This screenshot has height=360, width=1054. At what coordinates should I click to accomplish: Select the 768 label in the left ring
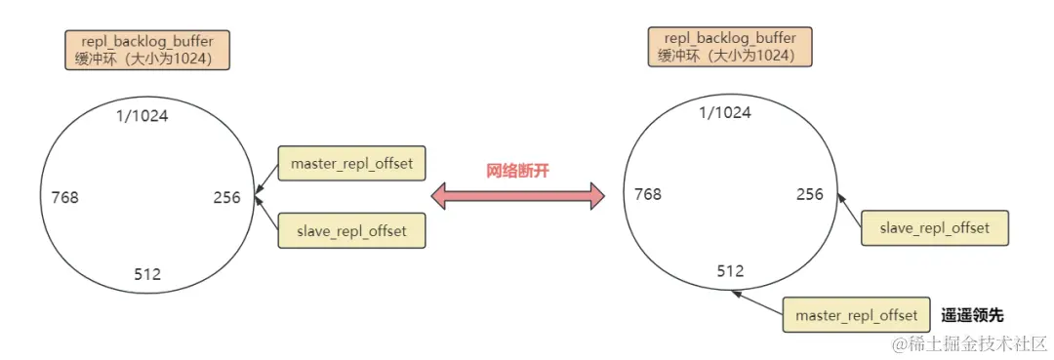tap(65, 198)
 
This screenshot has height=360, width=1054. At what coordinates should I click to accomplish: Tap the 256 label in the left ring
tap(227, 198)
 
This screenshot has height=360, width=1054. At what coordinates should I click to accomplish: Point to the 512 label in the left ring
tap(147, 275)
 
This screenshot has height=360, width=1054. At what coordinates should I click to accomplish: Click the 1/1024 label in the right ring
tap(725, 112)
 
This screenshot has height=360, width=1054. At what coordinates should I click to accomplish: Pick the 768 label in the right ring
tap(648, 194)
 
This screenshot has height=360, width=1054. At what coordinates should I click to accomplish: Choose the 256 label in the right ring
tap(810, 194)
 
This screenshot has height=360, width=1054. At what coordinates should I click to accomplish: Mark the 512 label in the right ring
tap(731, 270)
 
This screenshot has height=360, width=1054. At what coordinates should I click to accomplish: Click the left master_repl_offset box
tap(351, 164)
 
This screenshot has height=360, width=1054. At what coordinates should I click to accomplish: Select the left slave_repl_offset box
tap(351, 231)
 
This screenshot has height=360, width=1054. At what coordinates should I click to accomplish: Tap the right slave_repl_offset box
tap(935, 227)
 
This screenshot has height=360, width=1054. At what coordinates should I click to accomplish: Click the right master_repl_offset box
tap(856, 315)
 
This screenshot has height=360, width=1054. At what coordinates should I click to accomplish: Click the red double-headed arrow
tap(518, 195)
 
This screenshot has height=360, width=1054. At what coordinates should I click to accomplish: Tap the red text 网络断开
tap(518, 170)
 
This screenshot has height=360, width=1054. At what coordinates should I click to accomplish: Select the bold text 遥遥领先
tap(972, 315)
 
